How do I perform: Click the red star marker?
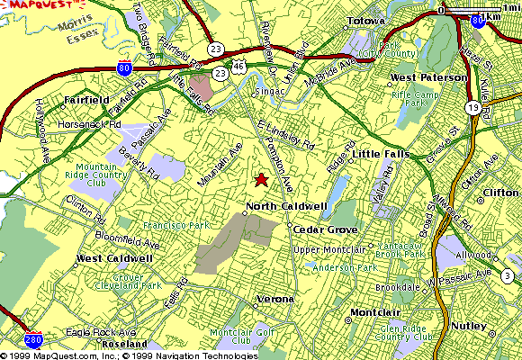click(261, 179)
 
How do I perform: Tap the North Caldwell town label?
click(284, 207)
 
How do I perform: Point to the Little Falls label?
click(381, 154)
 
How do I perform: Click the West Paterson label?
click(429, 78)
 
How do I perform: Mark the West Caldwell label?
click(113, 258)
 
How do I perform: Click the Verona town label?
click(275, 298)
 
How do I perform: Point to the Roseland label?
click(124, 344)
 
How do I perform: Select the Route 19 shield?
click(472, 107)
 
